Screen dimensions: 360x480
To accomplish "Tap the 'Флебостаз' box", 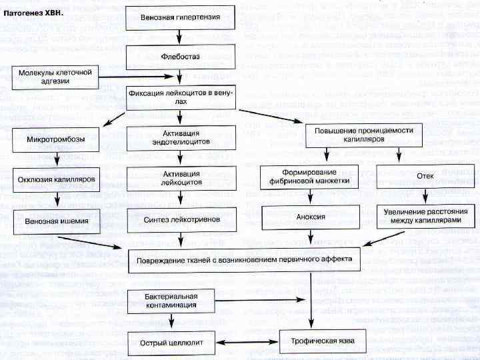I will [x=180, y=57].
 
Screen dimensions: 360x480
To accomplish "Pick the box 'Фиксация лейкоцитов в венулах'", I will [x=180, y=97].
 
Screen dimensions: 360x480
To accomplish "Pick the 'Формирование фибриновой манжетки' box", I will [x=309, y=177].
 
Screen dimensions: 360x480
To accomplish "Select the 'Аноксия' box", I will [x=310, y=217].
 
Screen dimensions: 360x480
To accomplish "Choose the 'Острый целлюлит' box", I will [x=169, y=341].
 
